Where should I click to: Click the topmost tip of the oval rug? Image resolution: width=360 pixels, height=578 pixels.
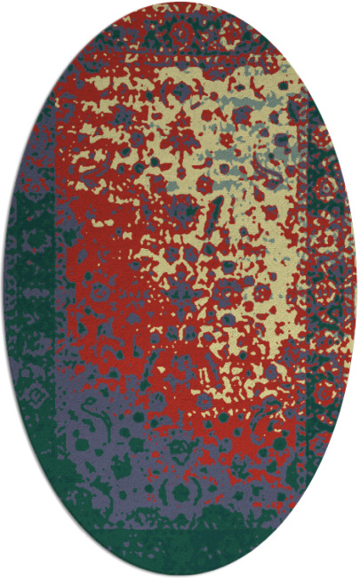(x=180, y=3)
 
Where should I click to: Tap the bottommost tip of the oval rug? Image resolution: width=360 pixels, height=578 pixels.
(x=180, y=575)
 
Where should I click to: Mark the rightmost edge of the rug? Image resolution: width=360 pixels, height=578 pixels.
(x=356, y=289)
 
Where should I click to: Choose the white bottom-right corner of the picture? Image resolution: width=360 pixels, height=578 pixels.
(x=356, y=574)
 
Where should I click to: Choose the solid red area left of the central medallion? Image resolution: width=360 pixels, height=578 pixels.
(x=98, y=293)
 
